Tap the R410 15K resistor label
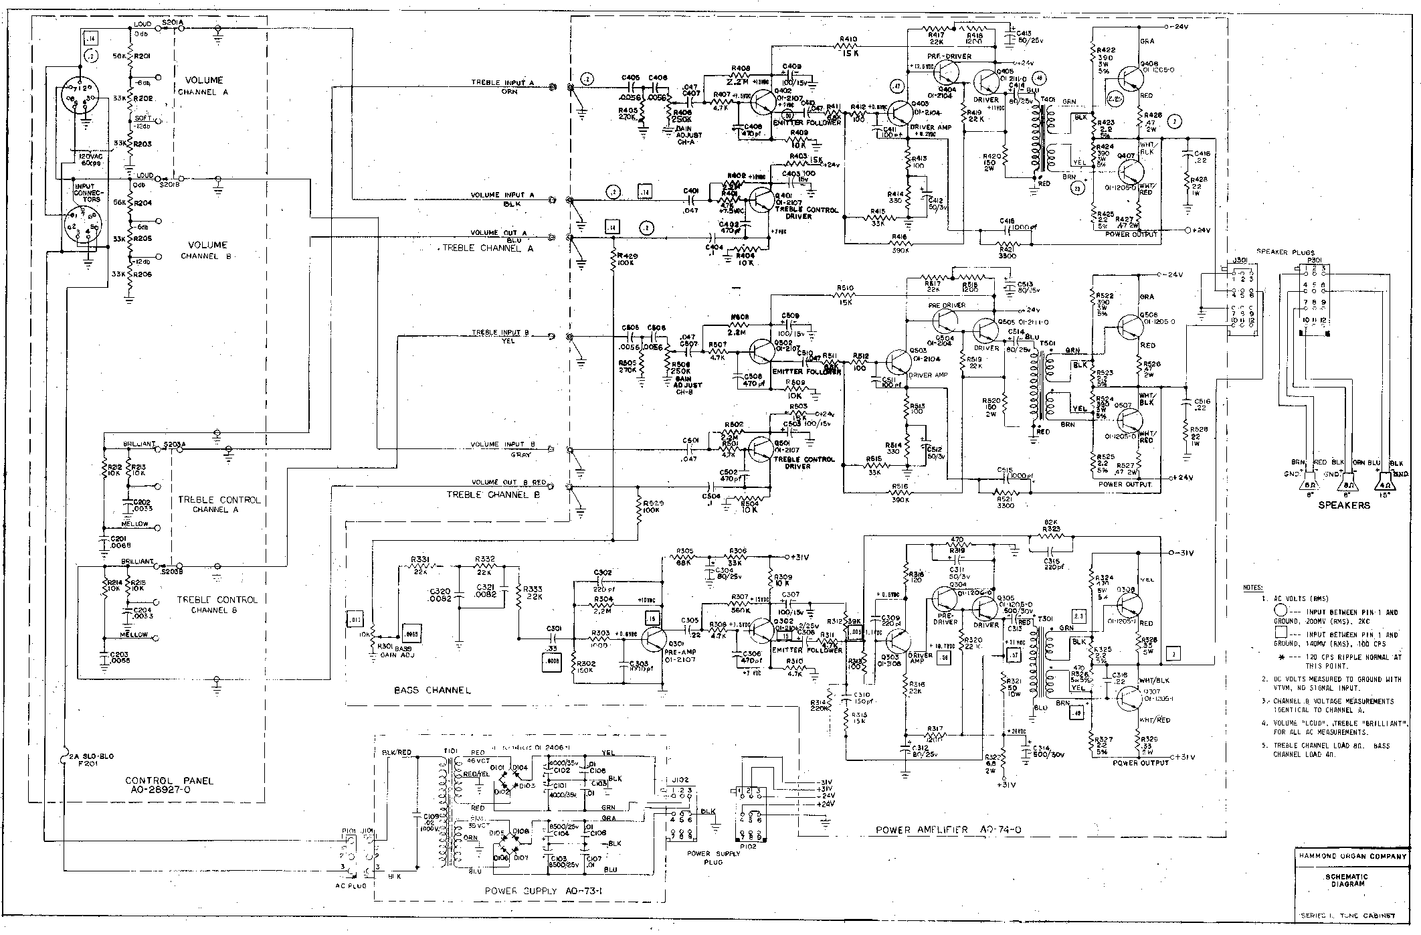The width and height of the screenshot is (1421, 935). click(x=847, y=45)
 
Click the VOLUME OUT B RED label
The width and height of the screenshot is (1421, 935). click(x=508, y=482)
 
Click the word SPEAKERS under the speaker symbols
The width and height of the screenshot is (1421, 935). click(x=1343, y=505)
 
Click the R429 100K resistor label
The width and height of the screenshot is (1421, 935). click(x=628, y=260)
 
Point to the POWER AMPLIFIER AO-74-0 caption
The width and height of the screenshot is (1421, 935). click(x=951, y=830)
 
